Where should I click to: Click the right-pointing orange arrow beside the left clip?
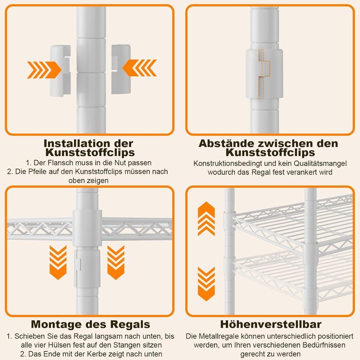coord(44,70)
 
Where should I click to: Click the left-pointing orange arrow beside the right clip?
coord(139,68)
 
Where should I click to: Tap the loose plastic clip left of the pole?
coord(60,70)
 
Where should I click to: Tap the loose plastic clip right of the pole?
coord(121,69)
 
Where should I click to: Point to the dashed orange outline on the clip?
coord(264,74)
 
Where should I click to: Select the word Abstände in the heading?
coord(226,143)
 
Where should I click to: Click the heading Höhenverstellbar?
coord(271,324)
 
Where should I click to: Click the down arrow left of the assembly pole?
coord(58,262)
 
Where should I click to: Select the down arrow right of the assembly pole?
coord(116,262)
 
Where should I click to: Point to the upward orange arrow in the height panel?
coord(206,219)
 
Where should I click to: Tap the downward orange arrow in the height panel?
coord(206,284)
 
